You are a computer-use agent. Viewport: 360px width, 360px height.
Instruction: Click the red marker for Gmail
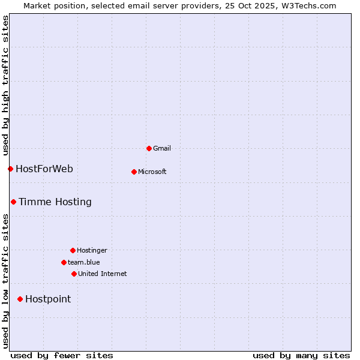(x=149, y=148)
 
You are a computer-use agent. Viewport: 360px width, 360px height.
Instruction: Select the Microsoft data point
(x=134, y=172)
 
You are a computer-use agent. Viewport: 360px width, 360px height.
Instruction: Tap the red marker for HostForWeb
(x=10, y=169)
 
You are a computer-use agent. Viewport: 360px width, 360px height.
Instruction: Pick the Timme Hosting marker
(x=13, y=202)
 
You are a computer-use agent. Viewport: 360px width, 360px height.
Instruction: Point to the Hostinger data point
(x=73, y=250)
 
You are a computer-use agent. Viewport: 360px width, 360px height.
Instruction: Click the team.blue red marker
(x=64, y=262)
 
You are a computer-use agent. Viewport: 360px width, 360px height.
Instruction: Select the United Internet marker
(x=74, y=274)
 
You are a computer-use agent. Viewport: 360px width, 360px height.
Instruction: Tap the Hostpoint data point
(x=20, y=299)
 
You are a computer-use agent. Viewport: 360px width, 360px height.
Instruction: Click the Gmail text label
(x=162, y=148)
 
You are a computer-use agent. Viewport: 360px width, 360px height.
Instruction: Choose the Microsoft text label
(x=152, y=172)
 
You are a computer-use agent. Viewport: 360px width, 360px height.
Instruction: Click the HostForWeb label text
(x=44, y=169)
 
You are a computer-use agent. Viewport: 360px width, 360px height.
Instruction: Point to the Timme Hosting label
(x=55, y=202)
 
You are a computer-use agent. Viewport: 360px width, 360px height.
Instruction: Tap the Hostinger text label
(x=92, y=250)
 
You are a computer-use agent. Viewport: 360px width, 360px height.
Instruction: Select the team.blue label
(x=84, y=262)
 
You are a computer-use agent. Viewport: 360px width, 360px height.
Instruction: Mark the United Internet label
(x=103, y=274)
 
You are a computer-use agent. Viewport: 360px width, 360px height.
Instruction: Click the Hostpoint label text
(x=48, y=299)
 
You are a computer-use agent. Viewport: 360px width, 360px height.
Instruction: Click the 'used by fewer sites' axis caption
(x=62, y=355)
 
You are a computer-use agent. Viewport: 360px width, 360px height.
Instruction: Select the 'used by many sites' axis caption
(x=301, y=355)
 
